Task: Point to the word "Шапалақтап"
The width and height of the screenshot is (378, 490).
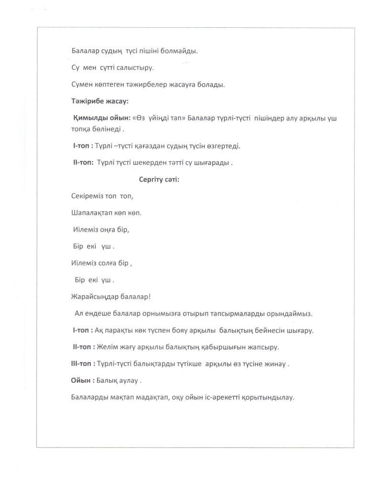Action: tap(91, 212)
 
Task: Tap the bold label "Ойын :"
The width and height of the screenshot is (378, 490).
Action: tap(79, 381)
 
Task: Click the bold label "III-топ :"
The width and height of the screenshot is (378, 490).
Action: tap(80, 364)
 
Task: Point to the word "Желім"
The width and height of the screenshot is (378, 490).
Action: tap(108, 346)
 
